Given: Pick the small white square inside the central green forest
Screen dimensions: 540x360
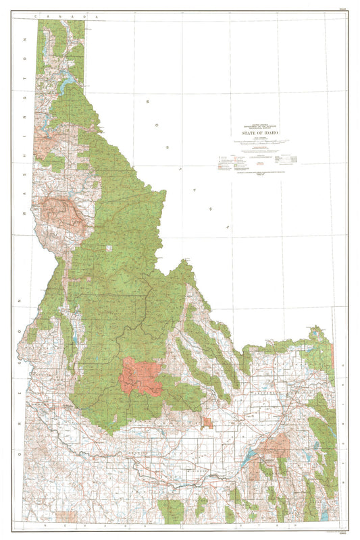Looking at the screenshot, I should point(109,248).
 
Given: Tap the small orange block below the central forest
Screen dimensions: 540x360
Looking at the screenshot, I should point(207,423).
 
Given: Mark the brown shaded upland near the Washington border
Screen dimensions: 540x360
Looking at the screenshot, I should point(63,212).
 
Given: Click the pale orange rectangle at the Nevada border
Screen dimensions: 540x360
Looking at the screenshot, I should point(66,516).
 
